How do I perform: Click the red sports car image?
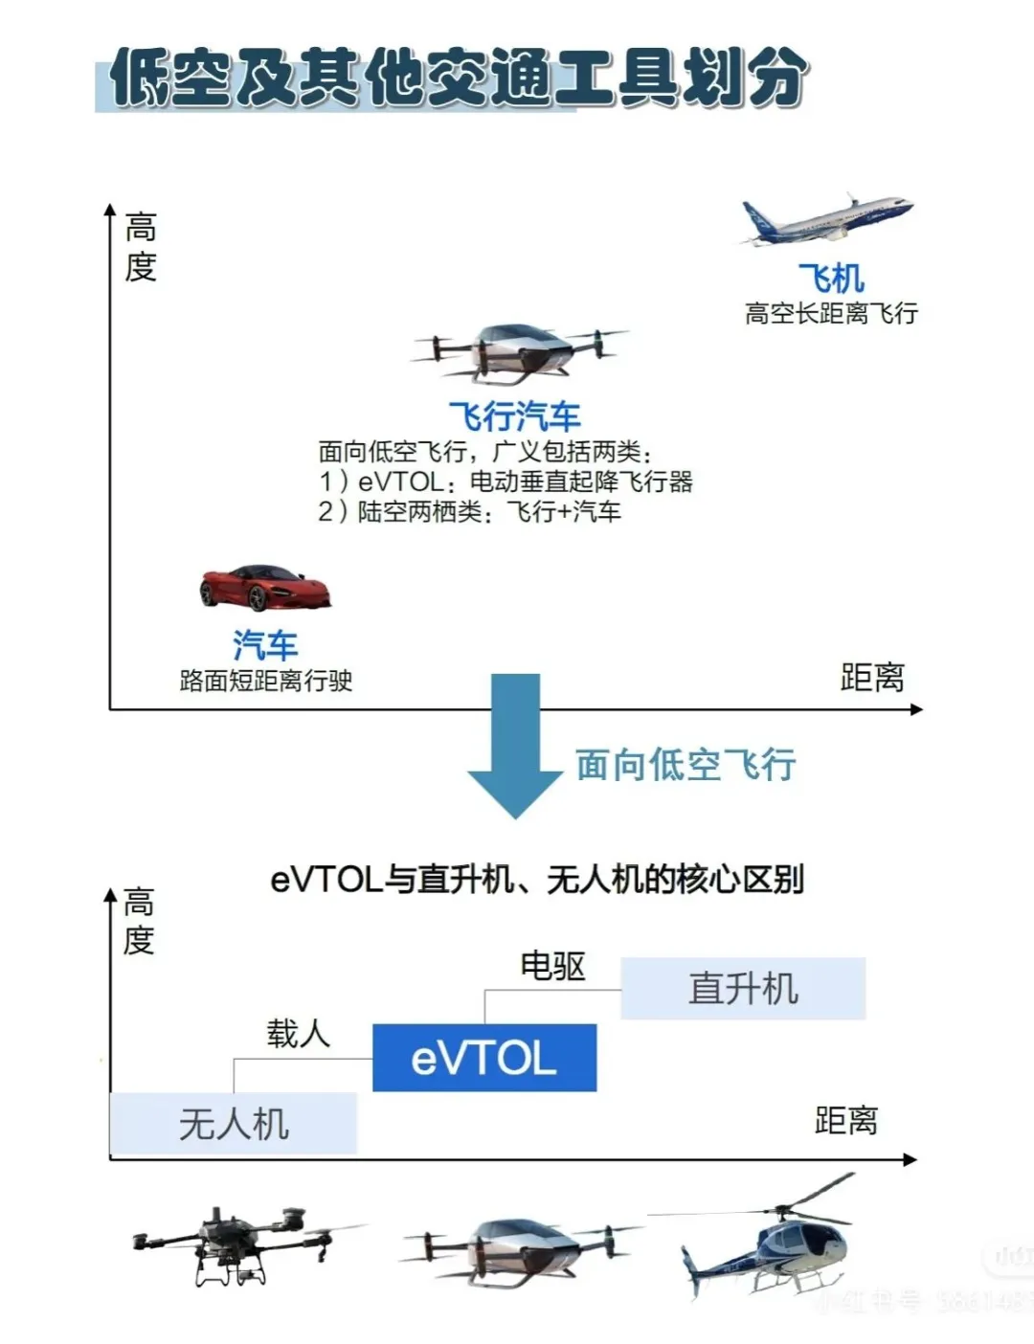[265, 587]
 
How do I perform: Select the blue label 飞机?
[831, 279]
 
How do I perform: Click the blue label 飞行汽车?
[515, 416]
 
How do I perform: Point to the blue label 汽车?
[265, 645]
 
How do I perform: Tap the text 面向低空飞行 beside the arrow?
[686, 765]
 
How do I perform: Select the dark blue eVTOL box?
[484, 1058]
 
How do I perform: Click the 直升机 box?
[743, 988]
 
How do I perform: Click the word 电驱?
[552, 966]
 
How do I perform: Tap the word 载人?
[298, 1034]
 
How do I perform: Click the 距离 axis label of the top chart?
[871, 678]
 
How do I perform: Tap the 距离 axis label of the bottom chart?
[845, 1120]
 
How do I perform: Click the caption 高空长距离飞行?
[831, 313]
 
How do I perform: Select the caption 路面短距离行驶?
[266, 681]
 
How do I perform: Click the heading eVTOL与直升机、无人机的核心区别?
[537, 879]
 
